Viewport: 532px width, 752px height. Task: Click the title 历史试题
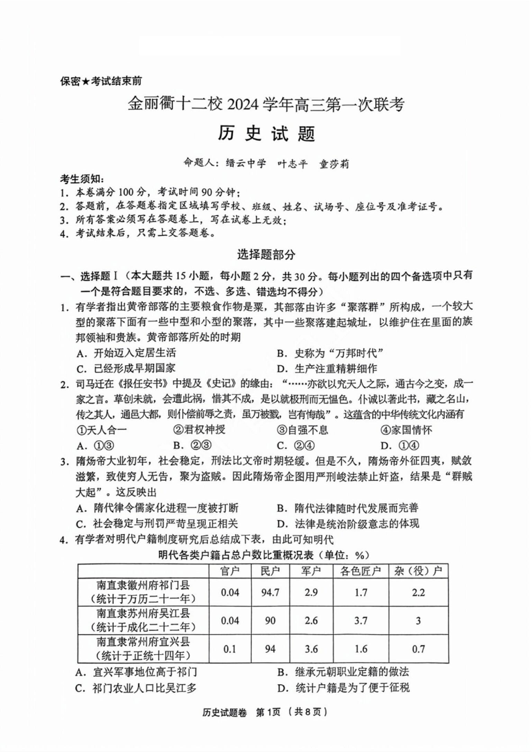click(x=266, y=133)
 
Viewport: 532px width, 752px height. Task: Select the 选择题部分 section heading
click(x=266, y=254)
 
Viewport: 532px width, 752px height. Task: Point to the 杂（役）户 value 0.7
click(x=418, y=649)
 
